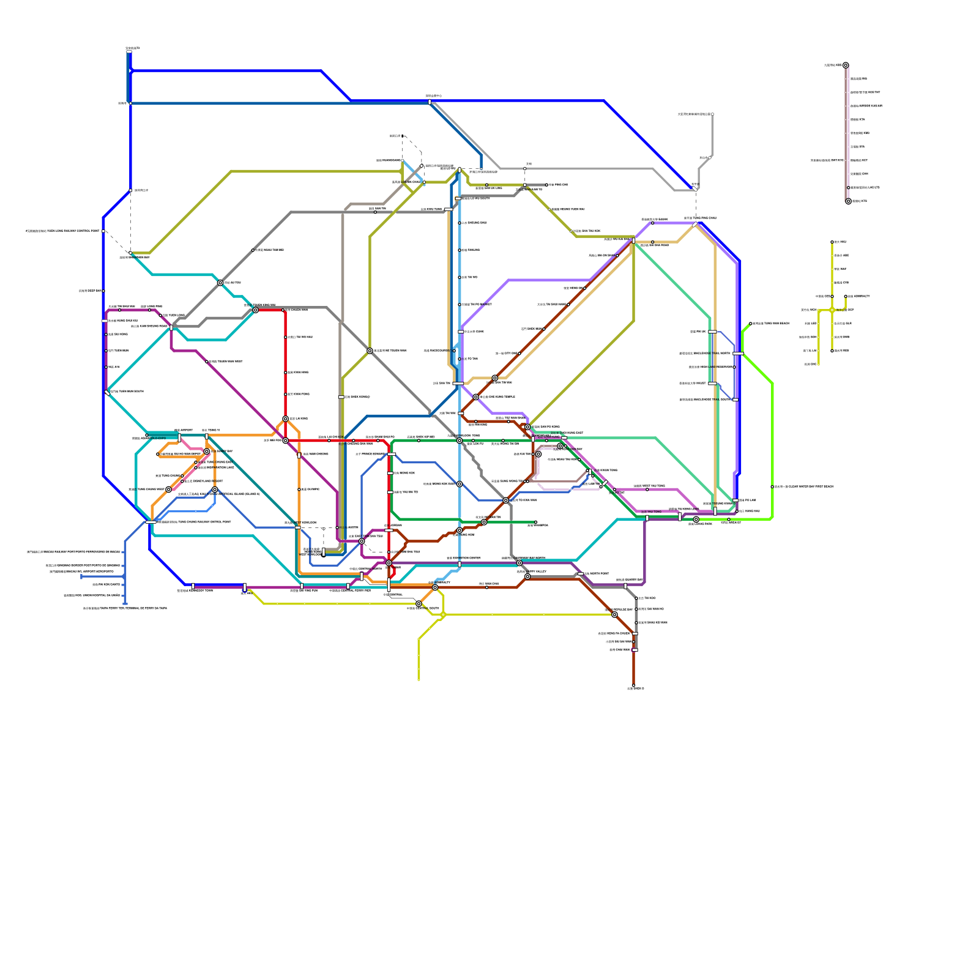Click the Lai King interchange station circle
point(285,419)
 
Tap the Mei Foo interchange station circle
point(285,441)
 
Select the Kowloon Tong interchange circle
point(460,441)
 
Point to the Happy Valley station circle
point(527,576)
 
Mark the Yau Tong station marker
point(647,518)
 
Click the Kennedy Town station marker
point(193,586)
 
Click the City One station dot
point(544,329)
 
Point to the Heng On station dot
point(585,288)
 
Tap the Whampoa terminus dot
point(535,522)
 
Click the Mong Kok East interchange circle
point(460,484)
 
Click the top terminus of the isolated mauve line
point(846,65)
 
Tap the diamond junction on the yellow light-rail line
point(832,310)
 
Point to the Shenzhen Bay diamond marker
point(130,253)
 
